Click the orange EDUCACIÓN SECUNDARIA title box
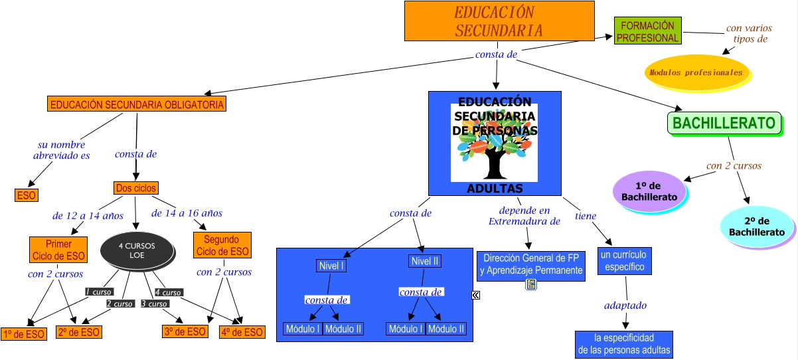tap(499, 21)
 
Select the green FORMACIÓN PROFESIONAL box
tap(647, 32)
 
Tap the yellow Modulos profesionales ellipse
tap(696, 72)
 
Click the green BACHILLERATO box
tap(724, 123)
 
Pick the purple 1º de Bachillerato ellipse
tap(649, 191)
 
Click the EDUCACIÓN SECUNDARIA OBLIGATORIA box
tap(137, 104)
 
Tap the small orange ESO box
tap(27, 195)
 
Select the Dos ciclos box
tap(136, 188)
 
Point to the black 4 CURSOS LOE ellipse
tap(137, 250)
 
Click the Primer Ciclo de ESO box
tap(58, 250)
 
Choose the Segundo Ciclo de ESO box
tap(222, 246)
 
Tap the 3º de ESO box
tap(185, 332)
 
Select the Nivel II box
tap(425, 261)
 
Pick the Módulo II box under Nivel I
tap(344, 329)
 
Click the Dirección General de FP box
tap(531, 265)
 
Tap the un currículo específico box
tap(625, 261)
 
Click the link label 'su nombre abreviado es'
tap(61, 150)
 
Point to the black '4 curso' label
tap(168, 292)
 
